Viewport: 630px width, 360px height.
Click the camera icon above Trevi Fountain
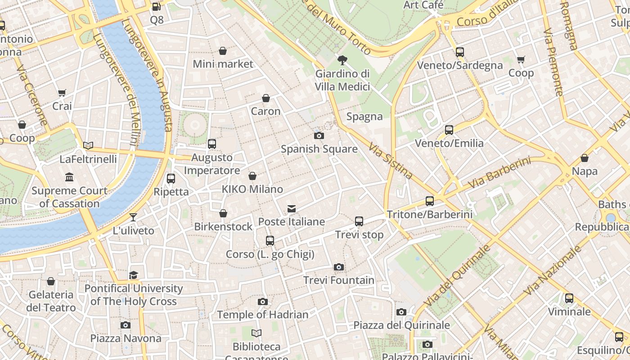pyautogui.click(x=339, y=267)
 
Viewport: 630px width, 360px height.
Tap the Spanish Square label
pyautogui.click(x=319, y=149)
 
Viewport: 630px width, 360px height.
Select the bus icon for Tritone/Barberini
pyautogui.click(x=430, y=201)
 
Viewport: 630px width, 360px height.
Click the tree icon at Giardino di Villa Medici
pyautogui.click(x=342, y=60)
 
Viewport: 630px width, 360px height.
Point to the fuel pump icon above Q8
pyautogui.click(x=156, y=6)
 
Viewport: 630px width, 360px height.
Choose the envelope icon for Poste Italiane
pyautogui.click(x=292, y=208)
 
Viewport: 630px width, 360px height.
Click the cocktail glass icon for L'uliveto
pyautogui.click(x=133, y=217)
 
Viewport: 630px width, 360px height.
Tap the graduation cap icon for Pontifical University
pyautogui.click(x=133, y=275)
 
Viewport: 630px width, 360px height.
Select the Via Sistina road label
pyautogui.click(x=390, y=161)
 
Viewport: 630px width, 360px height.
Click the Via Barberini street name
pyautogui.click(x=499, y=173)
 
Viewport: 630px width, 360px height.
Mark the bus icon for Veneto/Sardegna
pyautogui.click(x=459, y=52)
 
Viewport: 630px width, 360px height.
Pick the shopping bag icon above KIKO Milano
pyautogui.click(x=252, y=176)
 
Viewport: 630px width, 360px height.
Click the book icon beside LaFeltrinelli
pyautogui.click(x=88, y=145)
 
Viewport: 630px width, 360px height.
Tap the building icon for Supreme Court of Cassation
pyautogui.click(x=69, y=177)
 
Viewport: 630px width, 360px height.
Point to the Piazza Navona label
pyautogui.click(x=126, y=338)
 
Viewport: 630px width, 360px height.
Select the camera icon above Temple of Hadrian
pyautogui.click(x=263, y=301)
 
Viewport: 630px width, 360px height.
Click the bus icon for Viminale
pyautogui.click(x=569, y=298)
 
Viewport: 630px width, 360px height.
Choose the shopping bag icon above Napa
pyautogui.click(x=585, y=158)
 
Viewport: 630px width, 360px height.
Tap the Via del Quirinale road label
pyautogui.click(x=457, y=275)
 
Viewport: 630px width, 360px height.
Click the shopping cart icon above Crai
pyautogui.click(x=62, y=93)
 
